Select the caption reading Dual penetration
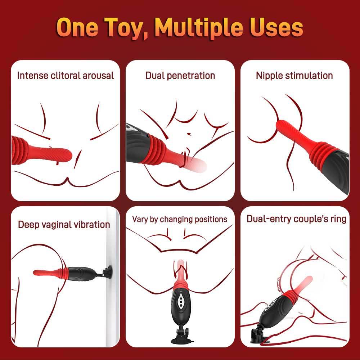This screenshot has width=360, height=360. point(180,76)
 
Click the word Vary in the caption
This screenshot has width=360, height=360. point(140,219)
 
